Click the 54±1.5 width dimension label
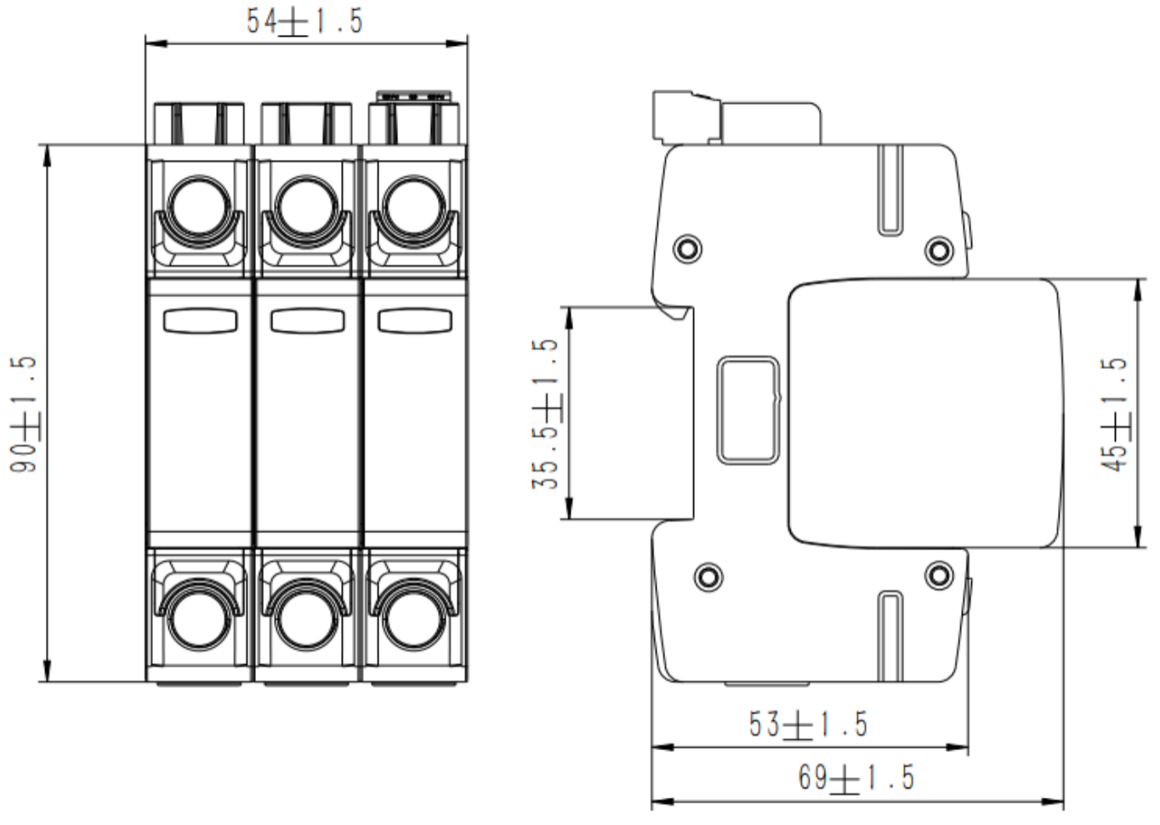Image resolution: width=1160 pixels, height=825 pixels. [x=304, y=21]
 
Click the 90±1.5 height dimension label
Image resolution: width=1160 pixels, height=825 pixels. [x=24, y=414]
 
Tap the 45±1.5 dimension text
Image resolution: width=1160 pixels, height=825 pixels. [x=1114, y=413]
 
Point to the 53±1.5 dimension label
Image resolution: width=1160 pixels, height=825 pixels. [x=808, y=725]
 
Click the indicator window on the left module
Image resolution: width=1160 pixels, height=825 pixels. [x=200, y=321]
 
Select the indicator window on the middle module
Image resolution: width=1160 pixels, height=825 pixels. [x=307, y=321]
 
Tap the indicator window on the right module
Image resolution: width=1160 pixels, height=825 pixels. [x=414, y=321]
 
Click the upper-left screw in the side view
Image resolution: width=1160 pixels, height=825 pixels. [x=687, y=249]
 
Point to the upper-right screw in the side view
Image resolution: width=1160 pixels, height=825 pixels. [x=938, y=249]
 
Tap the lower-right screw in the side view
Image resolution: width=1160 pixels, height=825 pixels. [x=938, y=576]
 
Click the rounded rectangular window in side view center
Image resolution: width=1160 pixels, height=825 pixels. [x=748, y=410]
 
